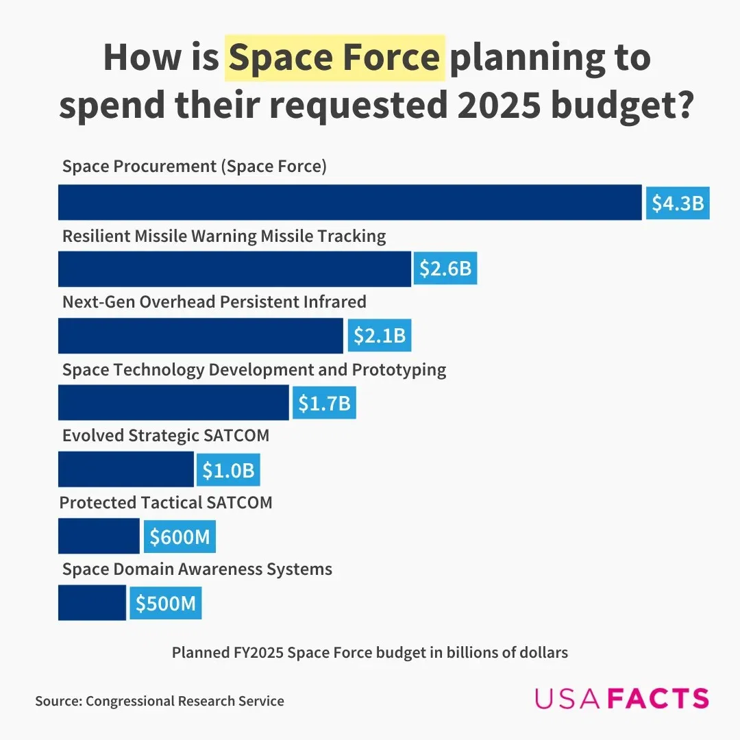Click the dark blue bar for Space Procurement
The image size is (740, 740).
[x=349, y=202]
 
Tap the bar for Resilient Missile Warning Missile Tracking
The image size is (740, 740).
[x=234, y=269]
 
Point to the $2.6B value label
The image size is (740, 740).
[x=445, y=269]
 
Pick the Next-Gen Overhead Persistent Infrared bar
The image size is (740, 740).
[x=200, y=335]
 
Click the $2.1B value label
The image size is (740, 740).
[x=380, y=336]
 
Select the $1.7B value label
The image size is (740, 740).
[x=324, y=403]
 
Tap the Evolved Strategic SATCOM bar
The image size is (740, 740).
[x=126, y=469]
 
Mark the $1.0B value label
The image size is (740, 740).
[x=228, y=470]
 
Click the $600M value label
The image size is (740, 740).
[x=180, y=536]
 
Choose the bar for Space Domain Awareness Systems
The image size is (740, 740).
[x=92, y=603]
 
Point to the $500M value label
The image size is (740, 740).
[x=166, y=603]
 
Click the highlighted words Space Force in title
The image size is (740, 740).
[x=335, y=58]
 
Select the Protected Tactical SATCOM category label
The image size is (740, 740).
[x=166, y=502]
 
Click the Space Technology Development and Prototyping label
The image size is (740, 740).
[x=254, y=369]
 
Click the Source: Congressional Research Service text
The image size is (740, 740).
[x=160, y=700]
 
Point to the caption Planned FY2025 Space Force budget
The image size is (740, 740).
[x=369, y=652]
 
